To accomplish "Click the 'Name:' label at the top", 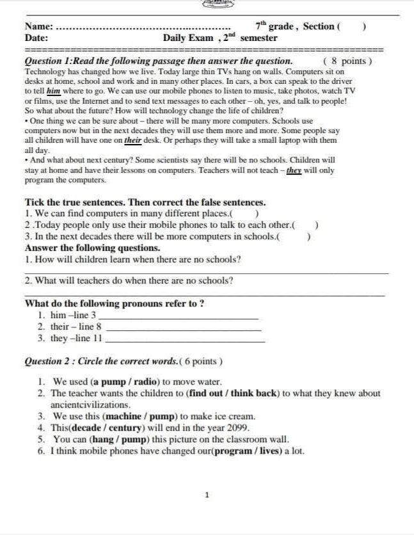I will click(x=39, y=26).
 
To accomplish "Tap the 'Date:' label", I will click(x=36, y=38).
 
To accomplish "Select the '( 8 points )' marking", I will click(x=347, y=61).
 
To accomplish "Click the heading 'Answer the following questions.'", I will click(x=93, y=248).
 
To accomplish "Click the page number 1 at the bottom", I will click(x=206, y=495).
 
